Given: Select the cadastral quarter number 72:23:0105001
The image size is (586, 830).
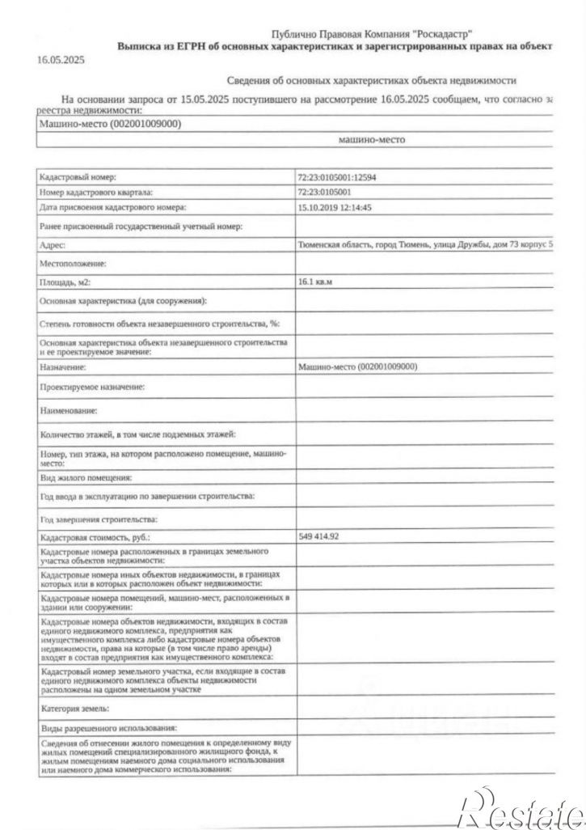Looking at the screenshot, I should pyautogui.click(x=325, y=193).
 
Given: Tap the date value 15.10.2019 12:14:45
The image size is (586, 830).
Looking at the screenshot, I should pyautogui.click(x=335, y=208).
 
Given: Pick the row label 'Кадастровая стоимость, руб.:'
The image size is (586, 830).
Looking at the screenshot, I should pyautogui.click(x=95, y=537).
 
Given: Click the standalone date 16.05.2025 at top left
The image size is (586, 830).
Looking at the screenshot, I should pyautogui.click(x=61, y=60).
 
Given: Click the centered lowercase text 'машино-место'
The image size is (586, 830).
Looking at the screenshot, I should pyautogui.click(x=372, y=139).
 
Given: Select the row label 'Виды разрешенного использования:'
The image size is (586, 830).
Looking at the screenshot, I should pyautogui.click(x=108, y=729).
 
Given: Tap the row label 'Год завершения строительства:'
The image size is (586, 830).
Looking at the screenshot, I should pyautogui.click(x=100, y=519).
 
